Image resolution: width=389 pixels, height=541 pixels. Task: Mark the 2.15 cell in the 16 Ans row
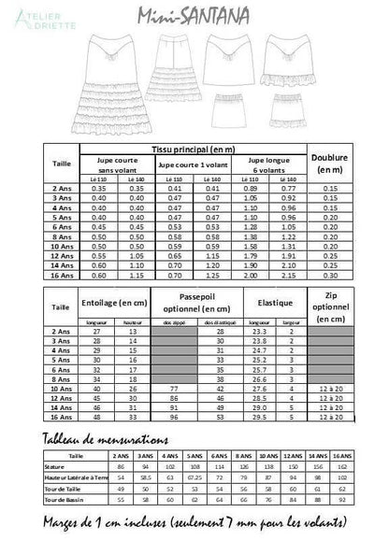pyautogui.click(x=286, y=276)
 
